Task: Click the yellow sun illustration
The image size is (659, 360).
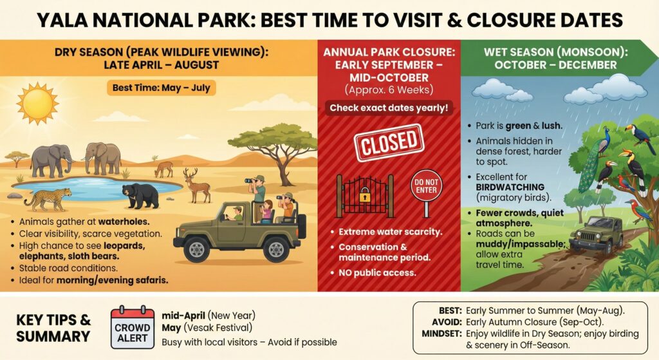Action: [37, 104]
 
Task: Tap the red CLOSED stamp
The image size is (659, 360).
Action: [389, 142]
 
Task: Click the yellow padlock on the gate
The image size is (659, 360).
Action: [364, 194]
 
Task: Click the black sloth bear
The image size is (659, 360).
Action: [140, 196]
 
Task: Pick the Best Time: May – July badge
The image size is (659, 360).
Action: [162, 88]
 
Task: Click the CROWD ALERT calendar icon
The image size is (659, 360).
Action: [133, 327]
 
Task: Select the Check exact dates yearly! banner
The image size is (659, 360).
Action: [389, 108]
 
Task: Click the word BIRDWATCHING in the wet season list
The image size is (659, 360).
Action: [510, 187]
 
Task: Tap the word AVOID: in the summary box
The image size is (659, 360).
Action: [447, 322]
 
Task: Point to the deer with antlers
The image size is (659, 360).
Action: [197, 185]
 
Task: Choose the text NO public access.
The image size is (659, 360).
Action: [377, 273]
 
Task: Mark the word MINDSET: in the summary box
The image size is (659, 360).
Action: [442, 334]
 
